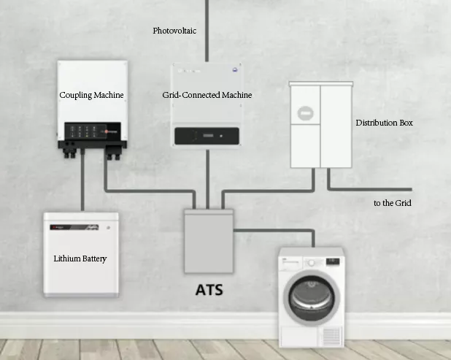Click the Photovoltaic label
coord(174,31)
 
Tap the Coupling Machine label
coord(91,95)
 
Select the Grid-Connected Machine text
coord(207,95)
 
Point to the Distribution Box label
coord(384,123)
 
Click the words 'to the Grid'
coord(393,202)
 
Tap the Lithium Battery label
coord(80,258)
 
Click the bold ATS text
coord(209,290)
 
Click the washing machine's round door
coord(313,301)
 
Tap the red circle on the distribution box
coord(304,115)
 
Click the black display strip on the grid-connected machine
coord(208,136)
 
